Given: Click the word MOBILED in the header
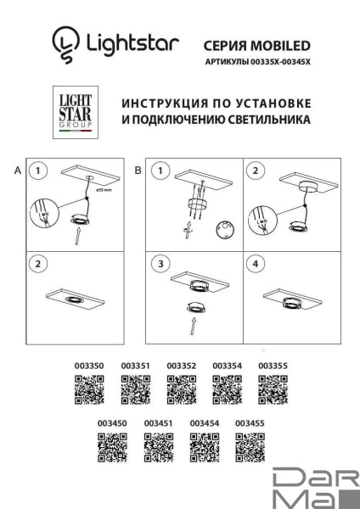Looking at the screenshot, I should (282, 44).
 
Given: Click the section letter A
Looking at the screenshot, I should (17, 171).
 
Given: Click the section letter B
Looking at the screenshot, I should (138, 171).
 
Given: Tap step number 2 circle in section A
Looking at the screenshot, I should (38, 264).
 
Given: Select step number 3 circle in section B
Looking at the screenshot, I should (160, 264).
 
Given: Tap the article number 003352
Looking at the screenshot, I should (181, 366).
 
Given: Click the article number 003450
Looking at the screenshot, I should (112, 422).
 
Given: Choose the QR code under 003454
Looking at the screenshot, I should (204, 445).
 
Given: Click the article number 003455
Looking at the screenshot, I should (250, 422).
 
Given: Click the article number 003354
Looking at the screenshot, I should (227, 366).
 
